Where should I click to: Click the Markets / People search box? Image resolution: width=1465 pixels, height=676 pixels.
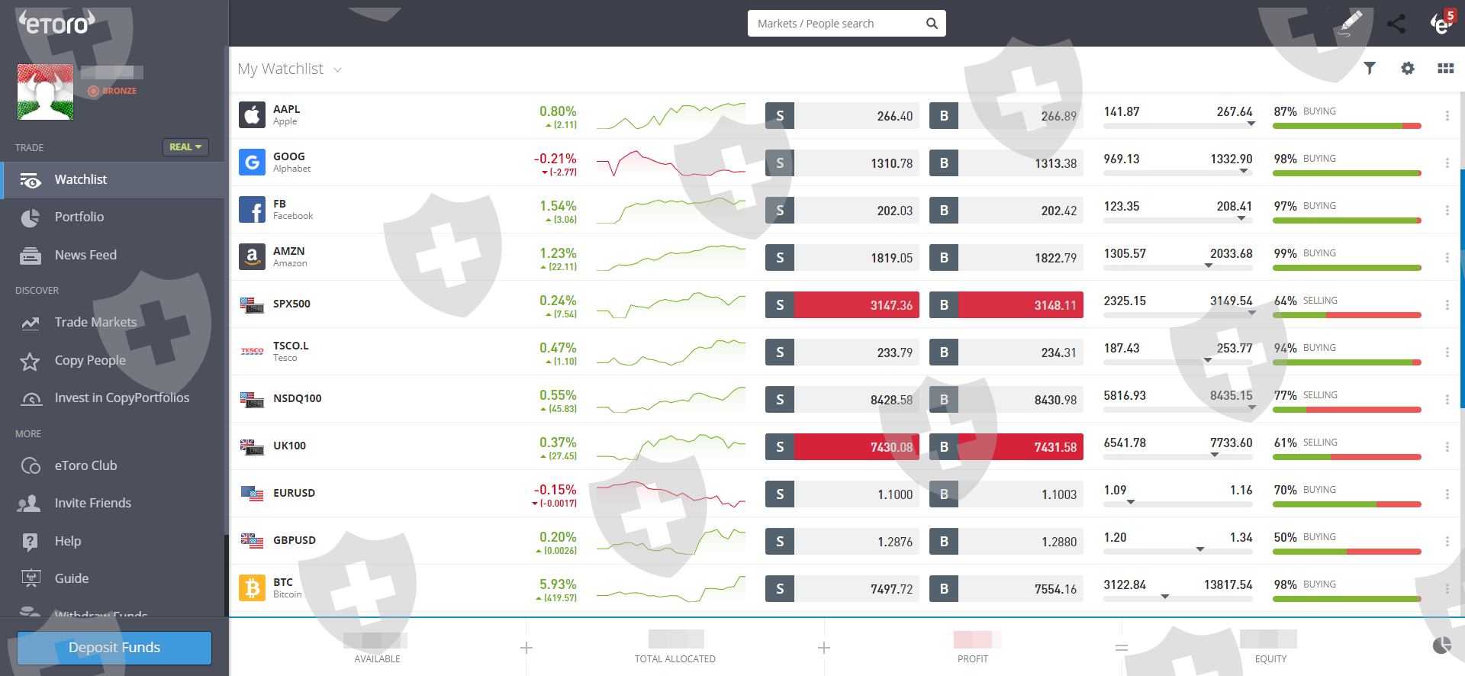click(839, 24)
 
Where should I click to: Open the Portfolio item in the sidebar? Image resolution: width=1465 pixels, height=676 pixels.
click(79, 217)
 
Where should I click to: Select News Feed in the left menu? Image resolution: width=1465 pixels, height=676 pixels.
click(85, 256)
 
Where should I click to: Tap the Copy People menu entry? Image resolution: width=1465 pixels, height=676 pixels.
click(90, 361)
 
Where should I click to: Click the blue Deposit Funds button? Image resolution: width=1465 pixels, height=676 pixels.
click(114, 648)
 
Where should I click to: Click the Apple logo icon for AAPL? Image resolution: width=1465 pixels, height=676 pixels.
click(252, 115)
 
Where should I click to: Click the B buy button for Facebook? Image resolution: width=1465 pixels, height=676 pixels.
click(944, 211)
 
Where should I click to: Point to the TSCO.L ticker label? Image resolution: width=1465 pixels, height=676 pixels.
click(291, 346)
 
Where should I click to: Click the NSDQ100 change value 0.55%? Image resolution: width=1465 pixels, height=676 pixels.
click(558, 395)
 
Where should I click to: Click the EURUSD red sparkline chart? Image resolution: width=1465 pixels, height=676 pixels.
click(671, 494)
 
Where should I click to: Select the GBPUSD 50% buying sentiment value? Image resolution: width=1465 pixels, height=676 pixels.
click(1285, 537)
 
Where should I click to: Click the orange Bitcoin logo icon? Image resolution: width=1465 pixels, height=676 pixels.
click(252, 588)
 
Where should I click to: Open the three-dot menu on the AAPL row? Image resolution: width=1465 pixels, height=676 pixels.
click(1447, 116)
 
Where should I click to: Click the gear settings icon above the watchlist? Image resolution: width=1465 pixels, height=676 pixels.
click(1408, 69)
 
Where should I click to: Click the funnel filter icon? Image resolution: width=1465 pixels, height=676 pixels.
click(1370, 69)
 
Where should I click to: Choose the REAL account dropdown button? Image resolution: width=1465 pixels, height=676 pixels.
click(185, 147)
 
